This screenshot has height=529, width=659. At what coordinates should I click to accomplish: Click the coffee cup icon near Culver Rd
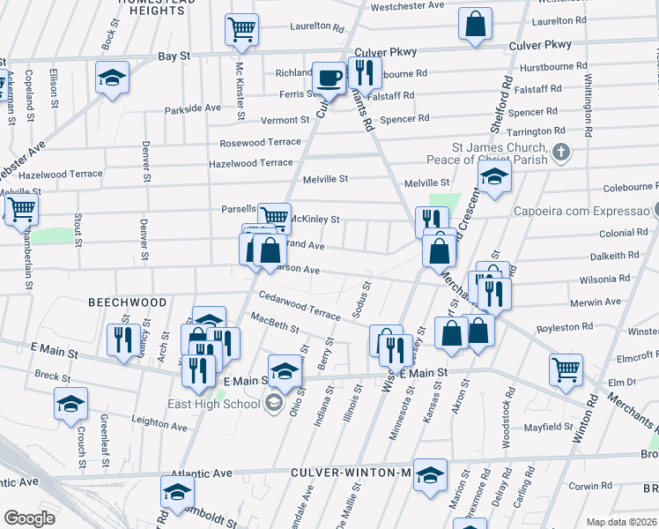click(x=329, y=78)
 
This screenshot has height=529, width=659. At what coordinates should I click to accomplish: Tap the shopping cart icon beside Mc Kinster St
click(x=241, y=30)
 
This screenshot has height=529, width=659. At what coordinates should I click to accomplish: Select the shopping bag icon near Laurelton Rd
click(x=475, y=26)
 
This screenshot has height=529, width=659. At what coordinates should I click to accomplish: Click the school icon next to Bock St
click(x=112, y=78)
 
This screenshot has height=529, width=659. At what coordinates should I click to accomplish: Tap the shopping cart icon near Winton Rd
click(x=565, y=370)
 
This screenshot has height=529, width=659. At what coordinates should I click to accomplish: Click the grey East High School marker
click(x=273, y=403)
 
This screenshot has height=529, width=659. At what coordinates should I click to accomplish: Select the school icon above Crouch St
click(x=70, y=404)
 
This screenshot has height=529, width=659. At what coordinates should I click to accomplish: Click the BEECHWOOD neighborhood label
click(x=128, y=302)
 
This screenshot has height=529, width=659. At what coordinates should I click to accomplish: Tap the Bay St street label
click(x=174, y=56)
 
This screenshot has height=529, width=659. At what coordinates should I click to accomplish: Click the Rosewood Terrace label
click(x=261, y=141)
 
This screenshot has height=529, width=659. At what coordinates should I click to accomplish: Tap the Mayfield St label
click(x=548, y=427)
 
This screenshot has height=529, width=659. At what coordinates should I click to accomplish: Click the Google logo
click(x=29, y=518)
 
